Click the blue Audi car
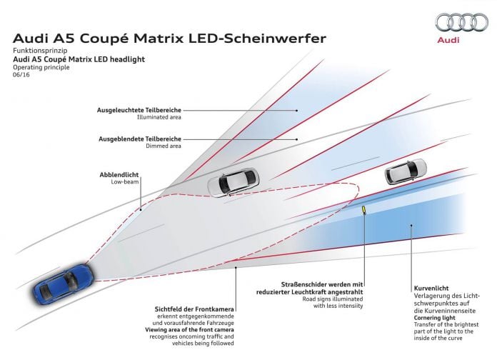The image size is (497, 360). (x=64, y=284)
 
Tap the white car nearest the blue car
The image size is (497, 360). (x=233, y=182)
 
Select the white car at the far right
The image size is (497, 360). (x=406, y=171)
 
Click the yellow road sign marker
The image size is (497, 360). (x=364, y=209)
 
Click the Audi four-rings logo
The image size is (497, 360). (x=461, y=22)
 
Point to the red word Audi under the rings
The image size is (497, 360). (x=448, y=40)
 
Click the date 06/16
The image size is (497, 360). (x=21, y=75)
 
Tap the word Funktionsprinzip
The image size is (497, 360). (x=40, y=51)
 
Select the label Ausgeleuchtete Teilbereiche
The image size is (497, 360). (x=139, y=110)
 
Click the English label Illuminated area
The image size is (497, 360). (x=159, y=117)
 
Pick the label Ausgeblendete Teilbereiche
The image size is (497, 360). (x=140, y=139)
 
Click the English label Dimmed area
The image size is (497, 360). (x=164, y=146)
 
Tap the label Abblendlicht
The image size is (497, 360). (x=119, y=175)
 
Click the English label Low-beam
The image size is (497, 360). (x=125, y=182)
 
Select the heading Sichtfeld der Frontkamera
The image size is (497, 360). (x=194, y=309)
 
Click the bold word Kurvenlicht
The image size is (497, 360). (x=431, y=289)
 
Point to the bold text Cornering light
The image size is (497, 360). (x=435, y=318)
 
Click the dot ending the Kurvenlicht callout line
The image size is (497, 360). (x=411, y=226)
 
